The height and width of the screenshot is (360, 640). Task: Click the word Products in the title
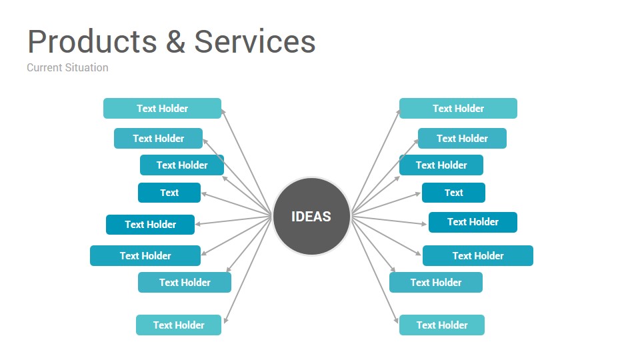coord(92,41)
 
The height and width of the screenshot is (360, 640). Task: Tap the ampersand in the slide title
coord(175,41)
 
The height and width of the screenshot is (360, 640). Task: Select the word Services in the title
coord(255,41)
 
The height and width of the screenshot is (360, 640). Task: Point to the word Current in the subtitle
coord(45,67)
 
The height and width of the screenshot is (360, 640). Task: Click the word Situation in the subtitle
coord(87,67)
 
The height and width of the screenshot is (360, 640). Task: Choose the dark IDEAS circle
coord(311,216)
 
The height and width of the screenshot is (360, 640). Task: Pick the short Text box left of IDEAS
coord(169,193)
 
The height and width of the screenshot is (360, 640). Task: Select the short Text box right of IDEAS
coord(453,193)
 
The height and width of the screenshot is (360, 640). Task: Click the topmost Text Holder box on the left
coord(163,108)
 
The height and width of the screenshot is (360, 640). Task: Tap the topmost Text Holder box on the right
coord(459,108)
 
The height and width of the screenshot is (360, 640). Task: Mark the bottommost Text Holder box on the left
coord(179,325)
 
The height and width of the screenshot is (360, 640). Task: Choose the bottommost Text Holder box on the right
coord(442,325)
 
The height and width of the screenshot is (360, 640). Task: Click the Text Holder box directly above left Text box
coord(182,165)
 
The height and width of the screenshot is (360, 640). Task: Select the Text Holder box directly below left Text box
coord(150,225)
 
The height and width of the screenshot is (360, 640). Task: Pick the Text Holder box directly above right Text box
coord(441,165)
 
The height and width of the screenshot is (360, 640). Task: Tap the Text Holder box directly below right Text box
coord(473,222)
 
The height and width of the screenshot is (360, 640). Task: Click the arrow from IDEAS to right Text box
coord(386,203)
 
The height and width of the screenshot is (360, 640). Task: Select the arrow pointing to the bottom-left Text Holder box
coord(248,270)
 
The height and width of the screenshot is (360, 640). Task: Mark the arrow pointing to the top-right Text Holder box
coord(375,161)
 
